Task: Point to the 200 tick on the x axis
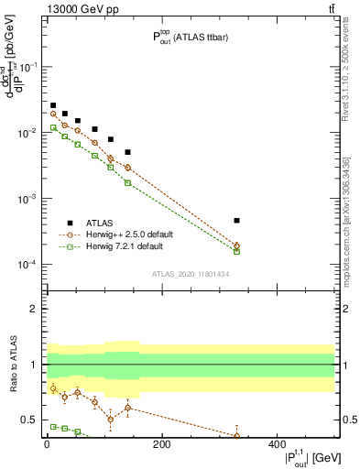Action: (161, 443)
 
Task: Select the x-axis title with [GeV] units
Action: (298, 459)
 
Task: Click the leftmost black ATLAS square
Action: (53, 106)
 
